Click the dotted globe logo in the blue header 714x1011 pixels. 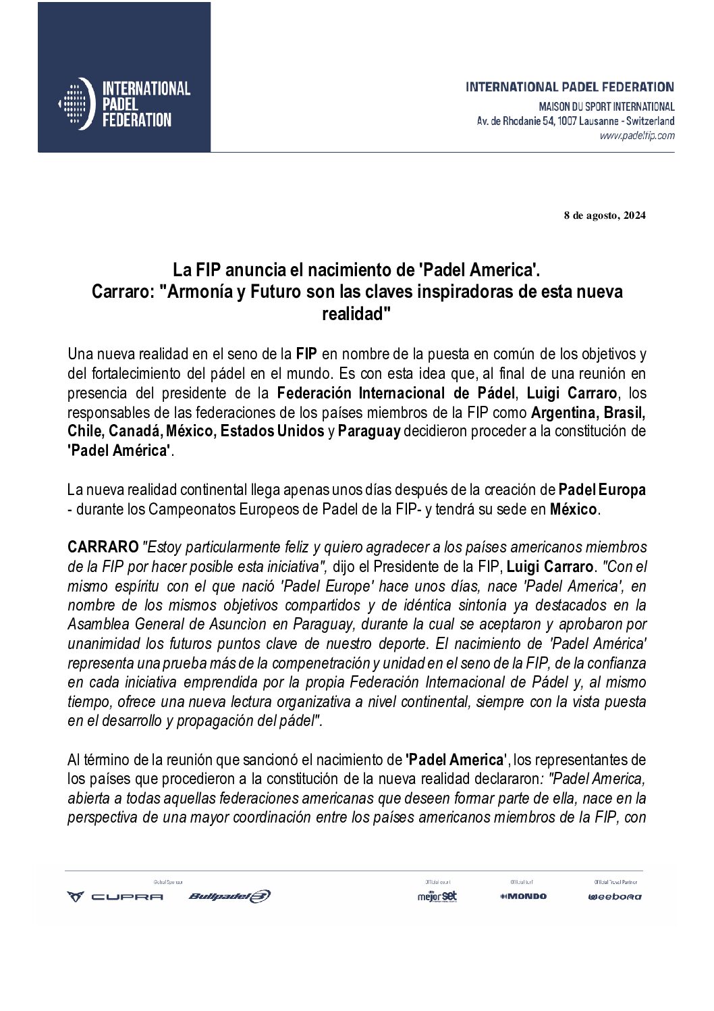click(75, 103)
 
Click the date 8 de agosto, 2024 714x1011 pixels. click(605, 216)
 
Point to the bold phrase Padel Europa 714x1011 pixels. click(603, 490)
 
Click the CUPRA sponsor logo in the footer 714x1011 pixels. click(115, 897)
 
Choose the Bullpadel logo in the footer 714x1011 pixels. click(229, 897)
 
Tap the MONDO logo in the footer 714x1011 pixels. click(523, 896)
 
